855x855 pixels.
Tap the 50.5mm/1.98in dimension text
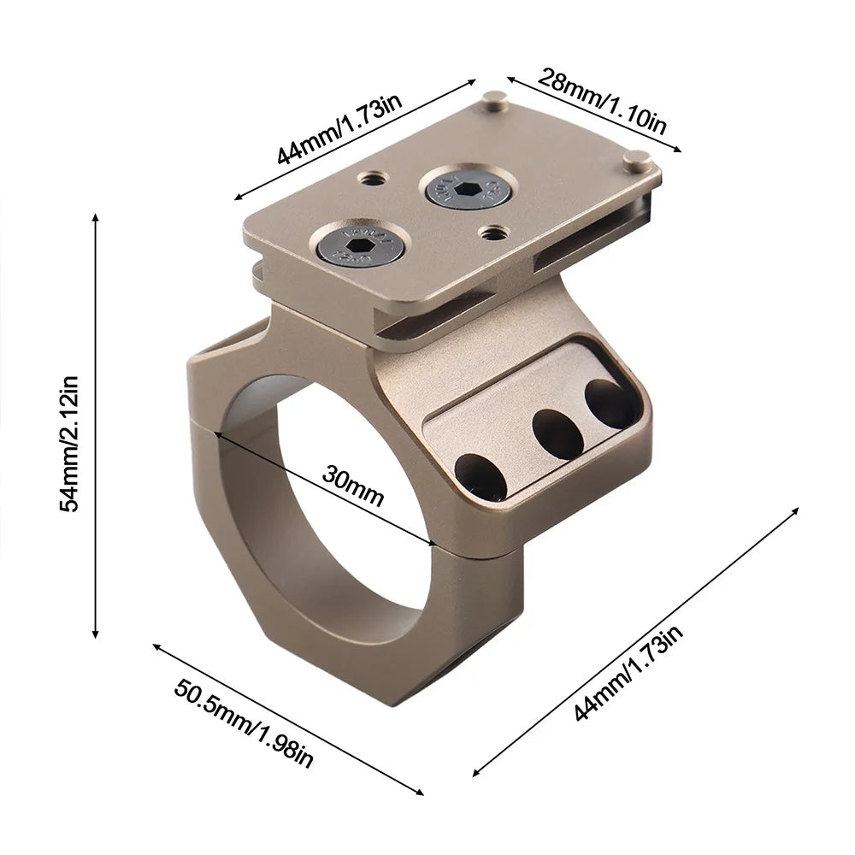[x=245, y=722]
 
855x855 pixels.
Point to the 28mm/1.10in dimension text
[x=602, y=100]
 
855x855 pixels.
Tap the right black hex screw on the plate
[x=468, y=187]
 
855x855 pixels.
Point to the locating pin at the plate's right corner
[x=635, y=159]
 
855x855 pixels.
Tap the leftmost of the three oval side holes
[x=481, y=477]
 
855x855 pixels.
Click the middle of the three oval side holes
[x=557, y=433]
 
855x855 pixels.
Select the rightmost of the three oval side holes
[x=610, y=403]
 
